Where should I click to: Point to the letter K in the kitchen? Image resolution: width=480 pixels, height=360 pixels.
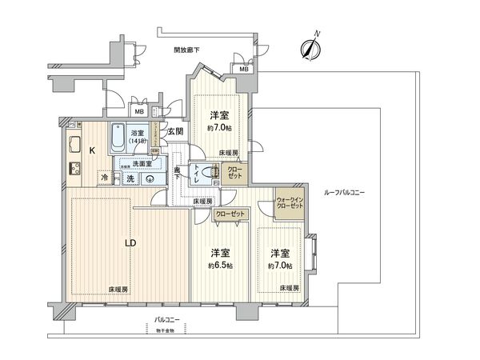pyautogui.click(x=92, y=150)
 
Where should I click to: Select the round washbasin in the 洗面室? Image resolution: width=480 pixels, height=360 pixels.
pyautogui.click(x=150, y=178)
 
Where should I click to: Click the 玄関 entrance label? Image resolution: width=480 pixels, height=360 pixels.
pyautogui.click(x=176, y=131)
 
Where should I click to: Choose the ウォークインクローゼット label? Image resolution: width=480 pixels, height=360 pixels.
pyautogui.click(x=290, y=202)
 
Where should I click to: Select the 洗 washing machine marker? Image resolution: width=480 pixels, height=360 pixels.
pyautogui.click(x=130, y=178)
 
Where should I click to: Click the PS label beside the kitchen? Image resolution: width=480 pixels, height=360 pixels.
pyautogui.click(x=71, y=124)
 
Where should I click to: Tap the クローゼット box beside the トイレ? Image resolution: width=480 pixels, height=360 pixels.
pyautogui.click(x=235, y=173)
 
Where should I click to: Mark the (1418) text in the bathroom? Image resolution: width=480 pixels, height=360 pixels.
pyautogui.click(x=138, y=142)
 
